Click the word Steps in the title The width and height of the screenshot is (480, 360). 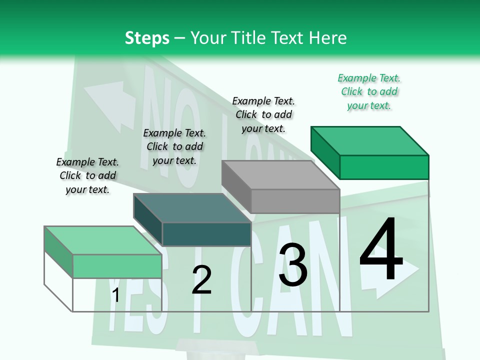147,38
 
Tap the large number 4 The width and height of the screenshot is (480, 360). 381,250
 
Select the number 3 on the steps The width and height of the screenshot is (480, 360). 292,265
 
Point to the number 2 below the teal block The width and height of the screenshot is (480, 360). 201,280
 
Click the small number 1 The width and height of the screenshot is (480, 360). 115,295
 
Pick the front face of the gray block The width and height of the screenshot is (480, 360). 295,201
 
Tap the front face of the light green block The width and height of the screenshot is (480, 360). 117,266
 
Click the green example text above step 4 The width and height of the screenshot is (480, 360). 369,92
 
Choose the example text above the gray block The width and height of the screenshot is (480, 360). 263,114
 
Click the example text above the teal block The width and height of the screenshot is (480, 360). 174,146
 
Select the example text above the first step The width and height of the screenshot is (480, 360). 87,175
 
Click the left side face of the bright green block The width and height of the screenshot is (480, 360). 325,152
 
